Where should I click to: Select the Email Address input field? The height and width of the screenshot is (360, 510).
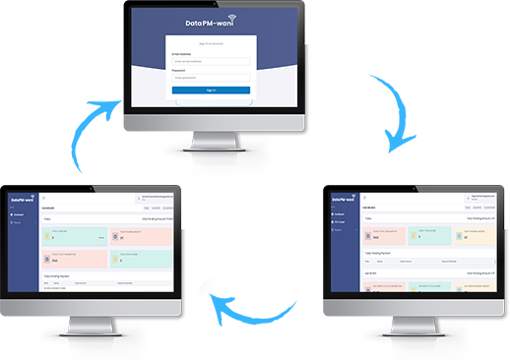point(211,61)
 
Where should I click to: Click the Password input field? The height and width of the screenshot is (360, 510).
point(211,77)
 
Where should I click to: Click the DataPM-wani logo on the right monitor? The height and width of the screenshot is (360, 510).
point(344,198)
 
